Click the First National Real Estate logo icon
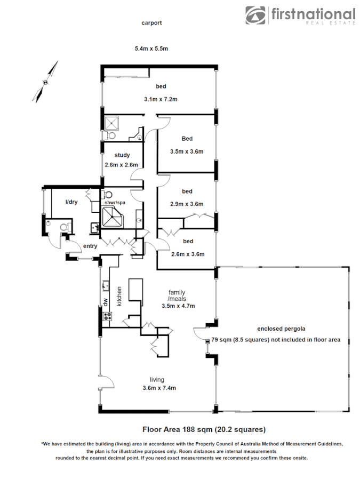(257, 15)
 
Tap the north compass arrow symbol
(46, 81)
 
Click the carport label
(151, 23)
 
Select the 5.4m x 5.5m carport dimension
(151, 49)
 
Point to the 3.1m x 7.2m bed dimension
(161, 99)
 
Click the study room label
(122, 155)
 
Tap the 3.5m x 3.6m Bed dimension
(187, 151)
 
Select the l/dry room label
(71, 202)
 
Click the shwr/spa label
(114, 202)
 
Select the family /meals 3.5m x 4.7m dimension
(178, 306)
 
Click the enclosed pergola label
(277, 329)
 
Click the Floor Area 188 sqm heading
(204, 429)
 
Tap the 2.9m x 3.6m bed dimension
(187, 204)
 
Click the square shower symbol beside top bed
(112, 123)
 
